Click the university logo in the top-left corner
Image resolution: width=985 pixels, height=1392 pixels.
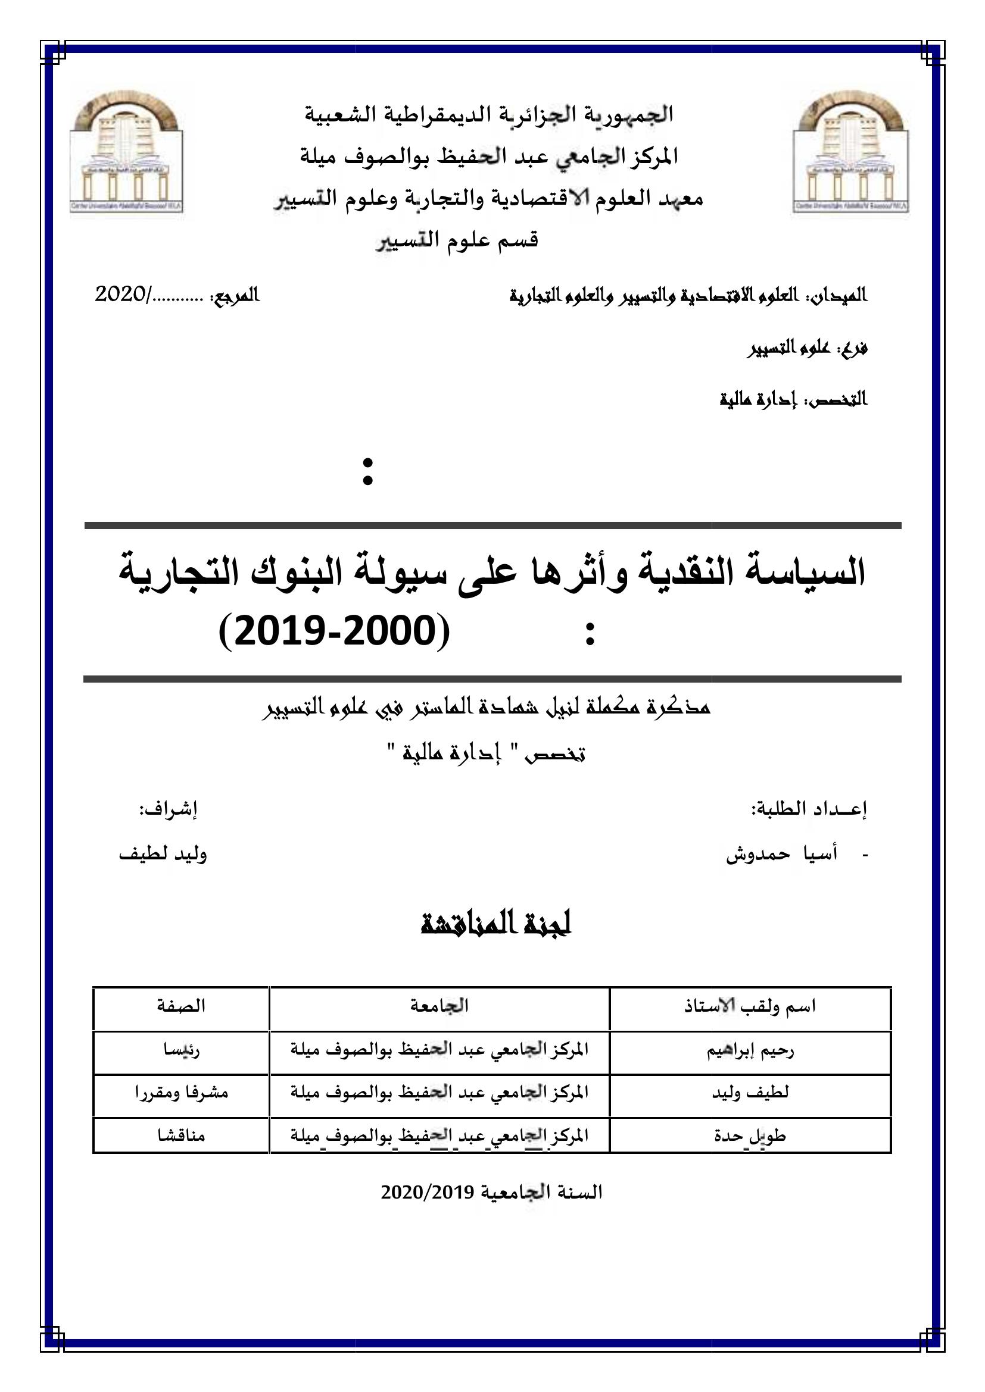[x=126, y=152]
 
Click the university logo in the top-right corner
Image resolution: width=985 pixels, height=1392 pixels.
[x=851, y=152]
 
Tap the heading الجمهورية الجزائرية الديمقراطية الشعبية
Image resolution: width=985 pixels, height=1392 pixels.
[x=489, y=115]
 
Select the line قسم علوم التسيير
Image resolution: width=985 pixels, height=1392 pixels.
[x=457, y=240]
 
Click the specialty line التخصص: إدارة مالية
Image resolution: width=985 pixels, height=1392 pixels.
[x=793, y=400]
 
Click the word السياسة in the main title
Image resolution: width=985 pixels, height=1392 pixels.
[x=796, y=574]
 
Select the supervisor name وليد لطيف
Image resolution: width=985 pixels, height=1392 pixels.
[x=163, y=853]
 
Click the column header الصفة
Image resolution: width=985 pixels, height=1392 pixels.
[x=181, y=1006]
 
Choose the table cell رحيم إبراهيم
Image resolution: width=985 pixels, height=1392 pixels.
[x=750, y=1050]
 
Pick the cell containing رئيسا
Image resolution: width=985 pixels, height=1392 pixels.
[x=181, y=1050]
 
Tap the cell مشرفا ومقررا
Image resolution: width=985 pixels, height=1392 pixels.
[x=181, y=1093]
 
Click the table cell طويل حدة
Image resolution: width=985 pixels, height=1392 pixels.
[x=750, y=1136]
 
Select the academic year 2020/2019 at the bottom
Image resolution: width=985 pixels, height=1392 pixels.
[x=491, y=1193]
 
